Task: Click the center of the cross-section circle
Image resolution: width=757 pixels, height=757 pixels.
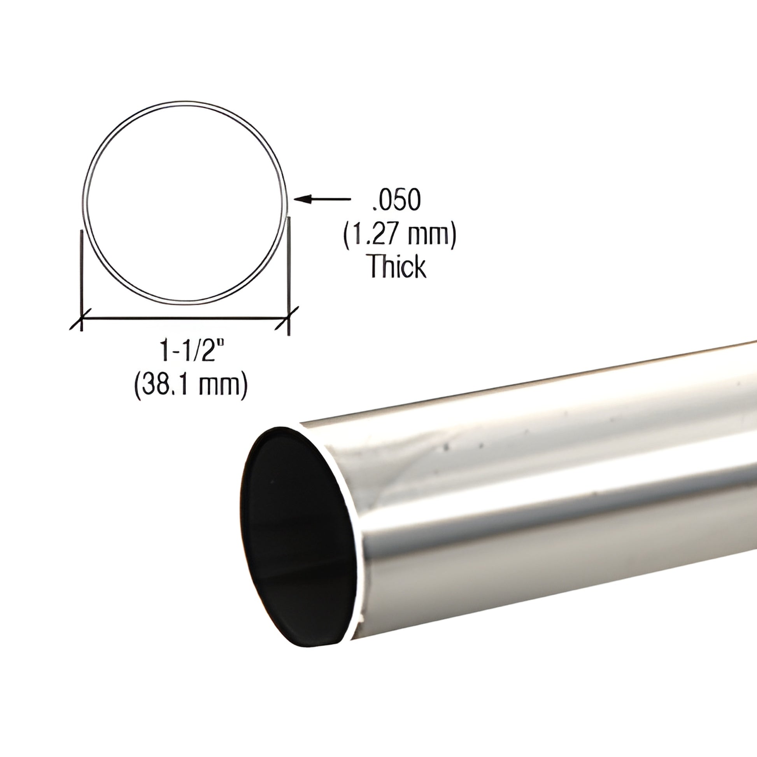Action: click(185, 204)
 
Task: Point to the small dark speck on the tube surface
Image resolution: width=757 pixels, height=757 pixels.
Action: click(445, 445)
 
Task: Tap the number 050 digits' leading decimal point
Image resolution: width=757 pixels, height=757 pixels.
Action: click(371, 208)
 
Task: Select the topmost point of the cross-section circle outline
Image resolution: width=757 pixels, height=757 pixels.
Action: click(185, 103)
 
